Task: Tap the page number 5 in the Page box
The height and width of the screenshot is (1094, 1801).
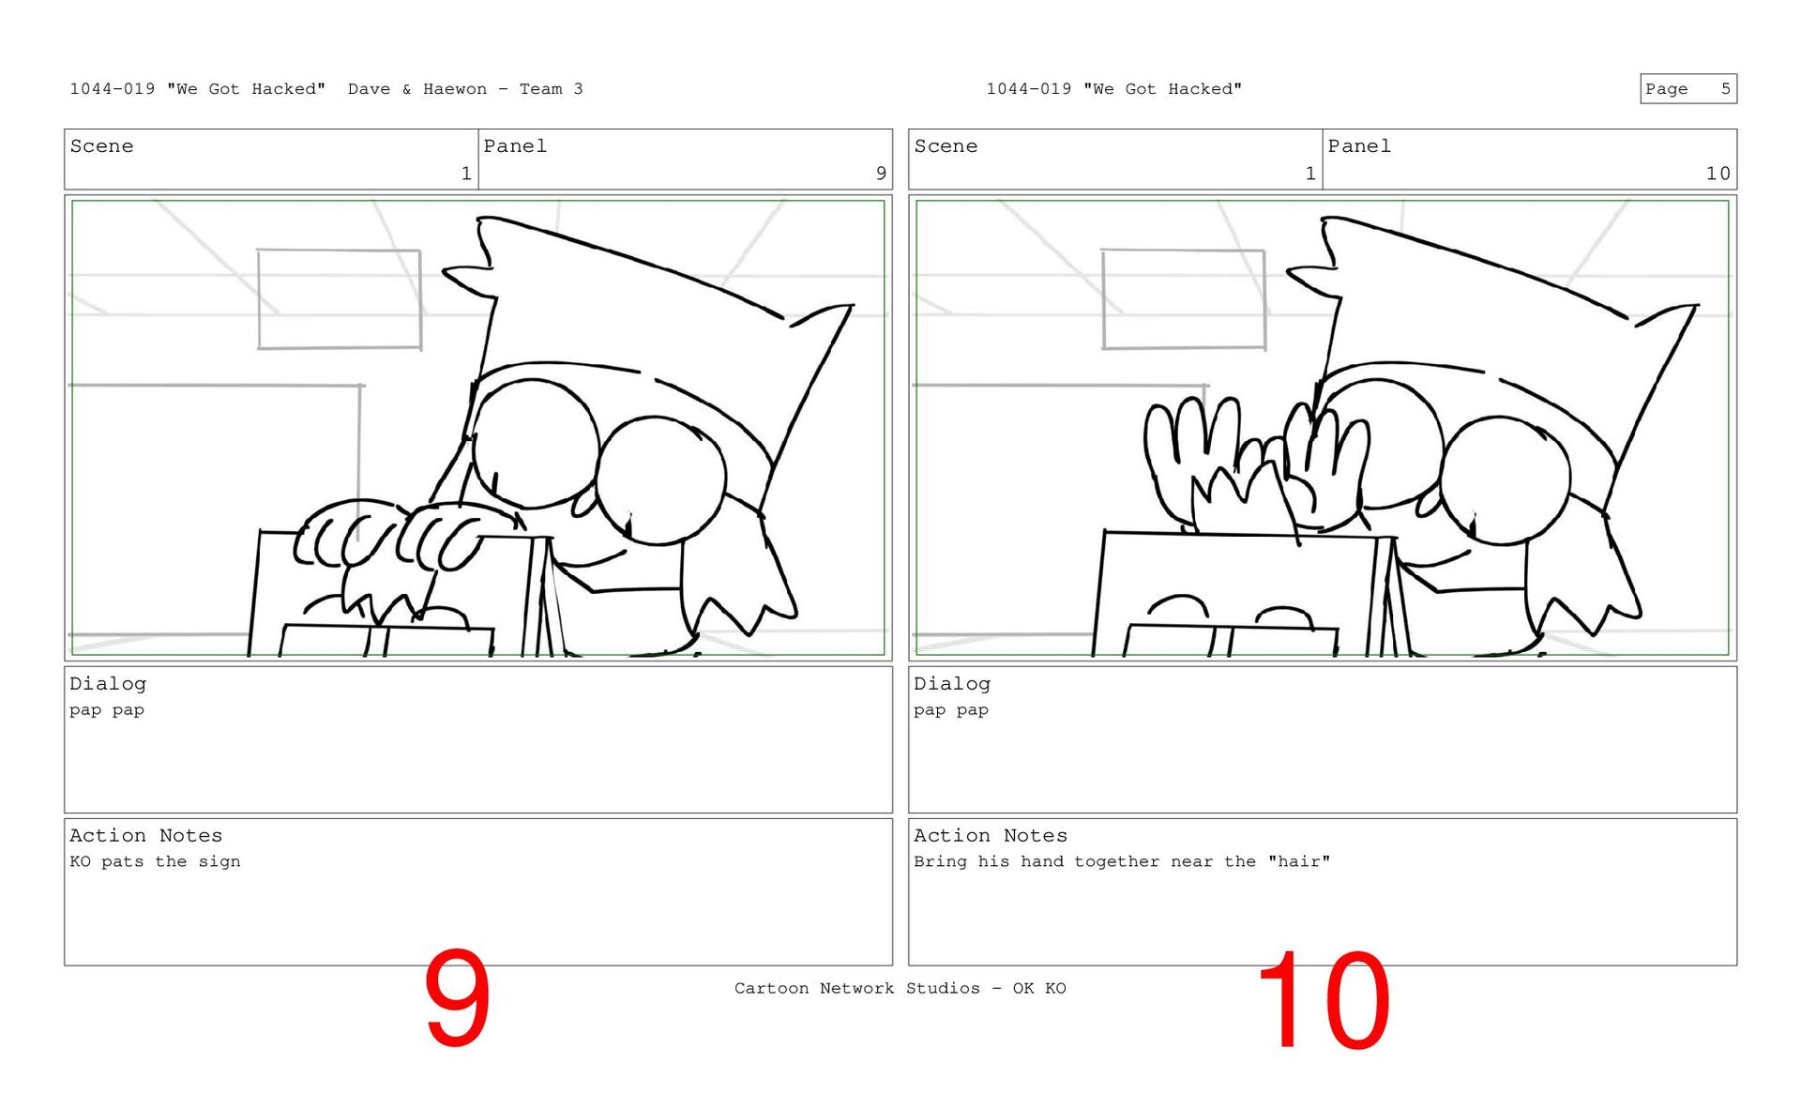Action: coord(1725,89)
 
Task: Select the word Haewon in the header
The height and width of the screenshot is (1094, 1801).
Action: coord(455,89)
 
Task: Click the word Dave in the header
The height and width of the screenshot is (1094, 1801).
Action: coord(369,89)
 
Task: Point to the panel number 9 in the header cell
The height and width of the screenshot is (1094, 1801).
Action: coord(881,174)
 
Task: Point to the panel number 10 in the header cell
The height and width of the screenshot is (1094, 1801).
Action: coord(1718,174)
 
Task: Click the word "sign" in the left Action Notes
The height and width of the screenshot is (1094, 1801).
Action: coord(219,861)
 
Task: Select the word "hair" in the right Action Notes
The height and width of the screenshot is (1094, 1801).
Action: coord(1299,861)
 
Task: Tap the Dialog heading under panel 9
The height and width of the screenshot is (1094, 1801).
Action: coord(108,684)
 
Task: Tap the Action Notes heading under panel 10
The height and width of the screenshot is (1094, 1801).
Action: coord(991,835)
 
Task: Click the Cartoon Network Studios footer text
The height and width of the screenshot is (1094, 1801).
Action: coord(900,988)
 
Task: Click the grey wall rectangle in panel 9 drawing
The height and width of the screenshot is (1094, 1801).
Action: coord(258,299)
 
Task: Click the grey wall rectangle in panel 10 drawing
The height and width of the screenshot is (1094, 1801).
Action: coord(1102,299)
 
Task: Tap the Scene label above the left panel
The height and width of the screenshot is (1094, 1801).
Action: coord(101,146)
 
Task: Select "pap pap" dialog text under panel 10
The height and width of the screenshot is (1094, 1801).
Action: coord(951,710)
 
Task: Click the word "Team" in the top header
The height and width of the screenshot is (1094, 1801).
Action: coord(541,89)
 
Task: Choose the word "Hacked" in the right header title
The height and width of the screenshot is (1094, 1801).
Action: coord(1205,89)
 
